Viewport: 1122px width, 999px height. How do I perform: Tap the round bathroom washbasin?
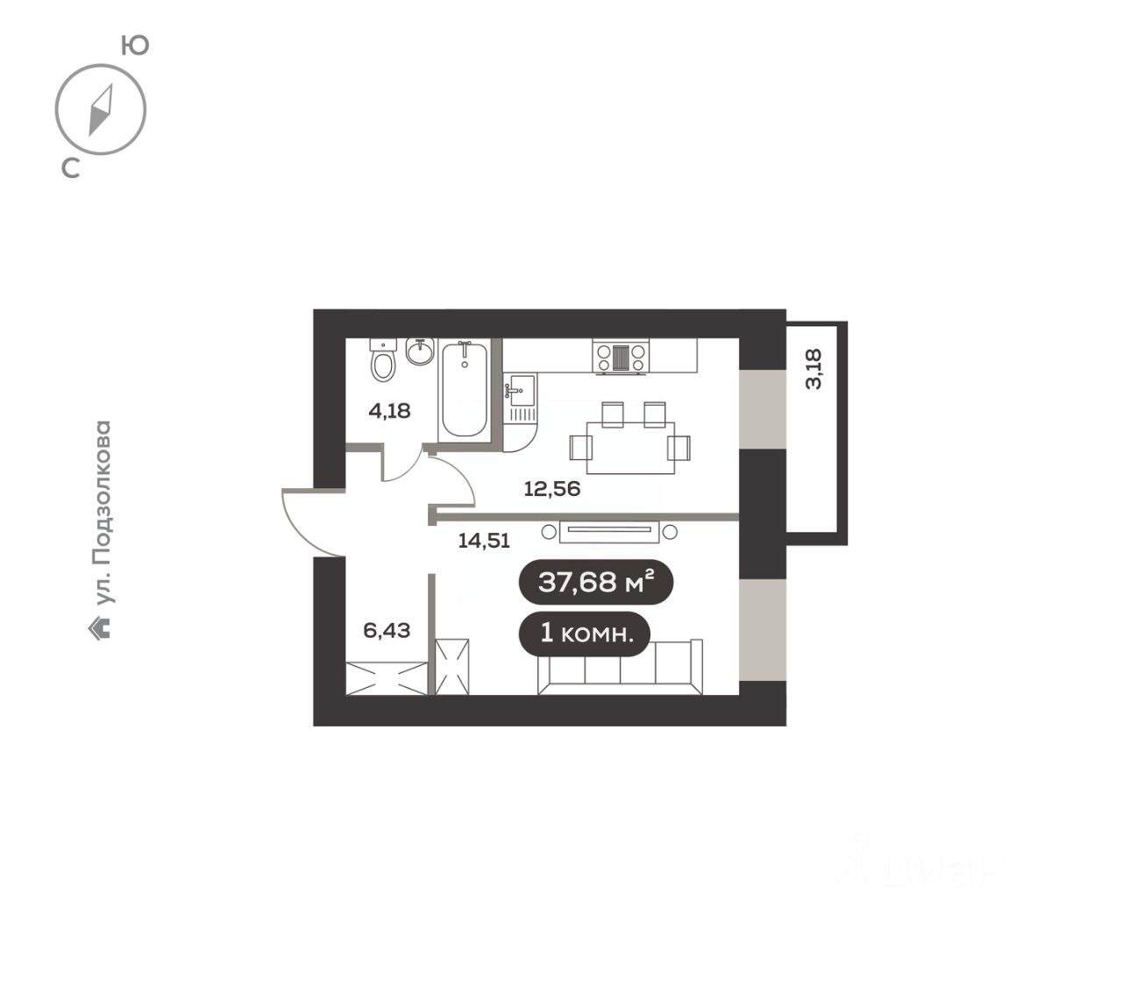click(x=420, y=351)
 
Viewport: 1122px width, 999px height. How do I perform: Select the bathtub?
click(x=464, y=389)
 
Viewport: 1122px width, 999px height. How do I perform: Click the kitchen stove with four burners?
click(x=621, y=358)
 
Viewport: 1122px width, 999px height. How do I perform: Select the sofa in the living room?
click(x=620, y=667)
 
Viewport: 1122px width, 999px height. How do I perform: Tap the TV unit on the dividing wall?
click(x=609, y=532)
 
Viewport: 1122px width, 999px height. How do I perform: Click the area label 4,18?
click(x=389, y=411)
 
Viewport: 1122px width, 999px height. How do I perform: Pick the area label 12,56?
click(x=552, y=489)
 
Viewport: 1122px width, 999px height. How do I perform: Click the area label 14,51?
click(x=484, y=541)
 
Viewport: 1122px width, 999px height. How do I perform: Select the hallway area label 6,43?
click(x=387, y=630)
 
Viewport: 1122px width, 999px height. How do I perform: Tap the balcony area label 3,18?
click(x=813, y=369)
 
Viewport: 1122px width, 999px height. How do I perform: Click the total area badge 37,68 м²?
click(x=596, y=582)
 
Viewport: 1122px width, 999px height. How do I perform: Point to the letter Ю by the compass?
click(x=135, y=46)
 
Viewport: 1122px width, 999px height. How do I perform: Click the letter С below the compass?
click(x=71, y=167)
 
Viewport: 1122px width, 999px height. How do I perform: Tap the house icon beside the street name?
click(x=100, y=630)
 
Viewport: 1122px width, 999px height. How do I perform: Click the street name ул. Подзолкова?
click(x=103, y=513)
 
